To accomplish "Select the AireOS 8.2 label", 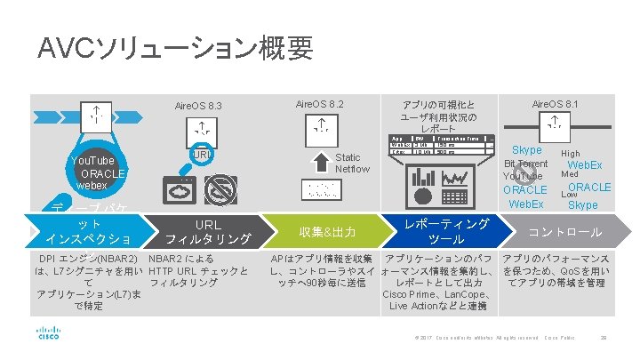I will (319, 104).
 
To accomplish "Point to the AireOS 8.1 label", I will (555, 104).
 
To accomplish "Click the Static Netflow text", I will (352, 163).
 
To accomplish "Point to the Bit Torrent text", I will (526, 164).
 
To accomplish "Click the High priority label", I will (571, 153).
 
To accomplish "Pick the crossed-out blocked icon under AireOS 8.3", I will (223, 188).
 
